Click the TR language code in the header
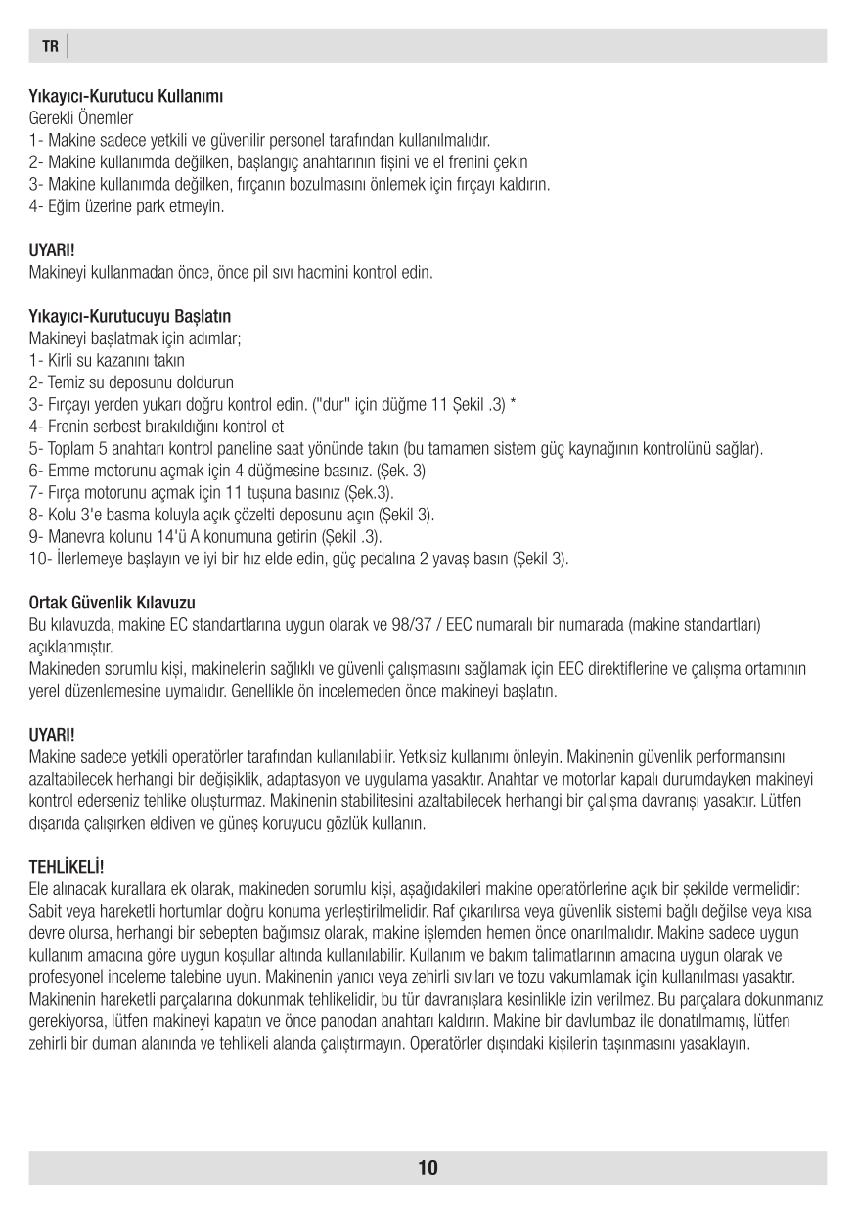[x=50, y=46]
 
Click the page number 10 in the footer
[x=428, y=1167]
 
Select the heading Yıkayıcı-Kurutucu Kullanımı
[x=127, y=97]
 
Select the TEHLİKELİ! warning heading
[x=68, y=867]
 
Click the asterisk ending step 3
[x=514, y=404]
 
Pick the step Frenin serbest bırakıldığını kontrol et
[x=157, y=427]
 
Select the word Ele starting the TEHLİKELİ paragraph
[x=41, y=888]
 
